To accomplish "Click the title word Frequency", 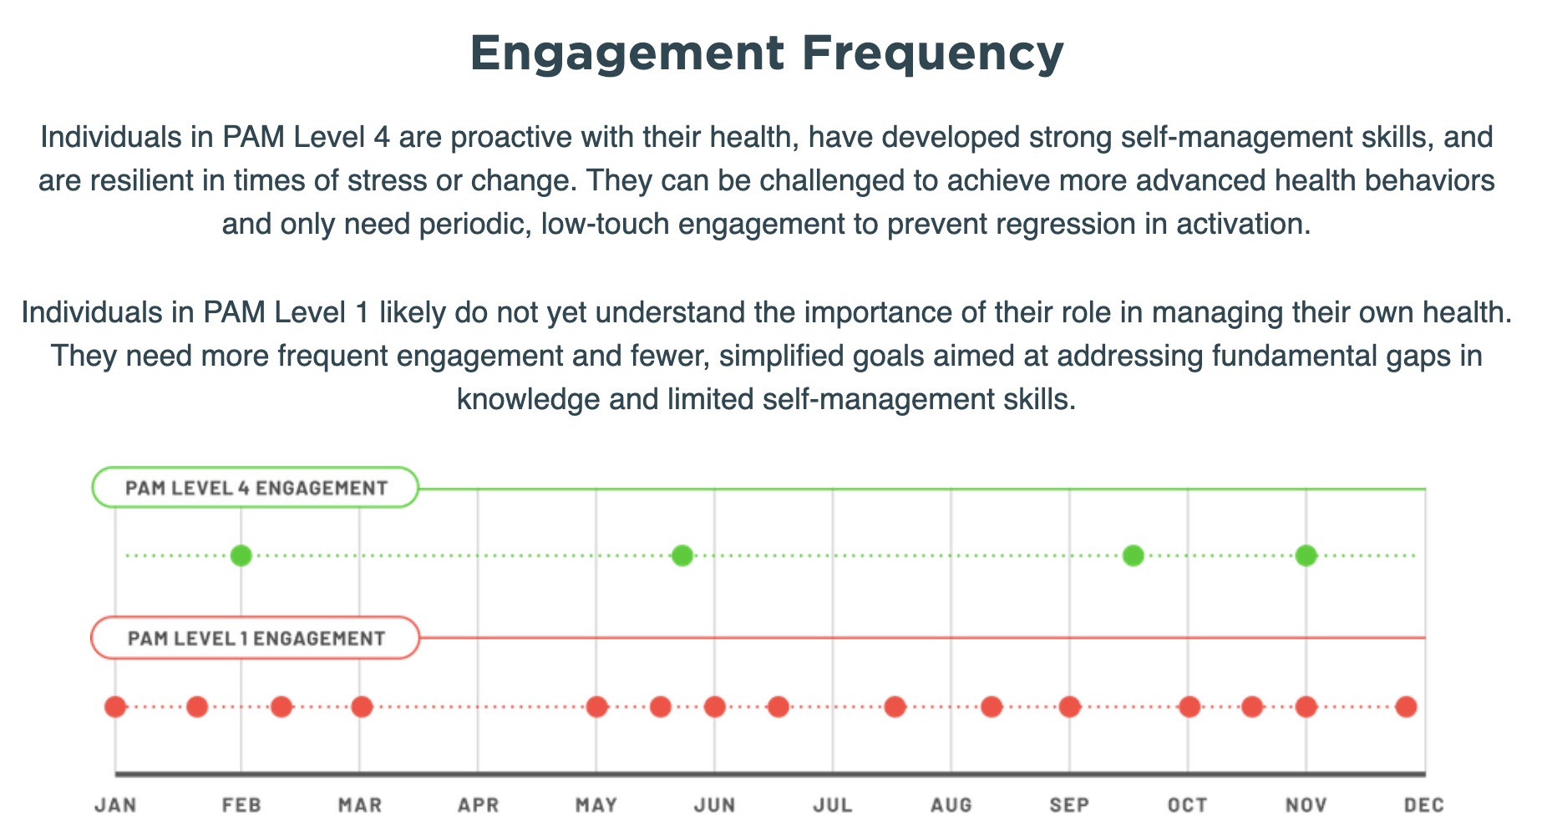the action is coord(933,53).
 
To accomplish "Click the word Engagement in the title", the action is coord(627,53).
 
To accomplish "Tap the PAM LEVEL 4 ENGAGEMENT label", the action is coord(256,488).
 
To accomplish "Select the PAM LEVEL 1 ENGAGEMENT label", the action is coord(256,638).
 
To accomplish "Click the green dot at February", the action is coord(241,555).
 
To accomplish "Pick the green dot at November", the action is coord(1306,555).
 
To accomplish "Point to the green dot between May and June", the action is coord(682,555).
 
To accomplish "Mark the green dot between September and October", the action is coord(1133,555).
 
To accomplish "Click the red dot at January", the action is coord(115,707).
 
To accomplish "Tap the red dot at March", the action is coord(362,707).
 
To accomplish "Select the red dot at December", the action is coord(1407,707).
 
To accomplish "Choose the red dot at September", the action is coord(1070,707).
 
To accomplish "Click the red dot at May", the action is coord(596,707).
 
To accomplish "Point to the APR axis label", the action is coord(478,806).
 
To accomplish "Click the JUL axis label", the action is coord(833,806).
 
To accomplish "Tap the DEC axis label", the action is coord(1424,806).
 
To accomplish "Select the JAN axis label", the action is coord(115,806).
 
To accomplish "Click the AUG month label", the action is coord(951,806).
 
